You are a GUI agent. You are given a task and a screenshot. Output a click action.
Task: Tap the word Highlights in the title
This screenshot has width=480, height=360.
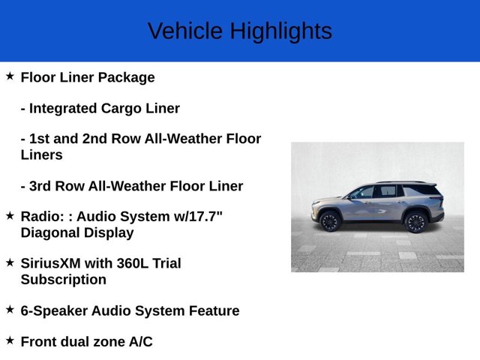[x=280, y=31]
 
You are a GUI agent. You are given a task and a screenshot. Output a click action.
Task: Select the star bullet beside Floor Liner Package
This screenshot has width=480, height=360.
[x=10, y=76]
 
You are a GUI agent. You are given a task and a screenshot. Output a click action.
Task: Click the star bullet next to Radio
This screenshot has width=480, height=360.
[x=10, y=215]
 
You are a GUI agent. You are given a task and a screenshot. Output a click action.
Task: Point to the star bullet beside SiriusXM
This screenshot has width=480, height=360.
[x=10, y=262]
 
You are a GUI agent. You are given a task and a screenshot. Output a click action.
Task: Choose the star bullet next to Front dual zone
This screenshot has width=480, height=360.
[x=10, y=340]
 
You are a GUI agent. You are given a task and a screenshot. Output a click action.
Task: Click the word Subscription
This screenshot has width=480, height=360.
[x=64, y=280]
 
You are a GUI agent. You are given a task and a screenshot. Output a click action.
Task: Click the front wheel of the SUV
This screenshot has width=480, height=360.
[x=329, y=220]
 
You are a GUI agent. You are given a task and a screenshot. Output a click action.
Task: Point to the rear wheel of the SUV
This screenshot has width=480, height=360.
[x=416, y=221]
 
